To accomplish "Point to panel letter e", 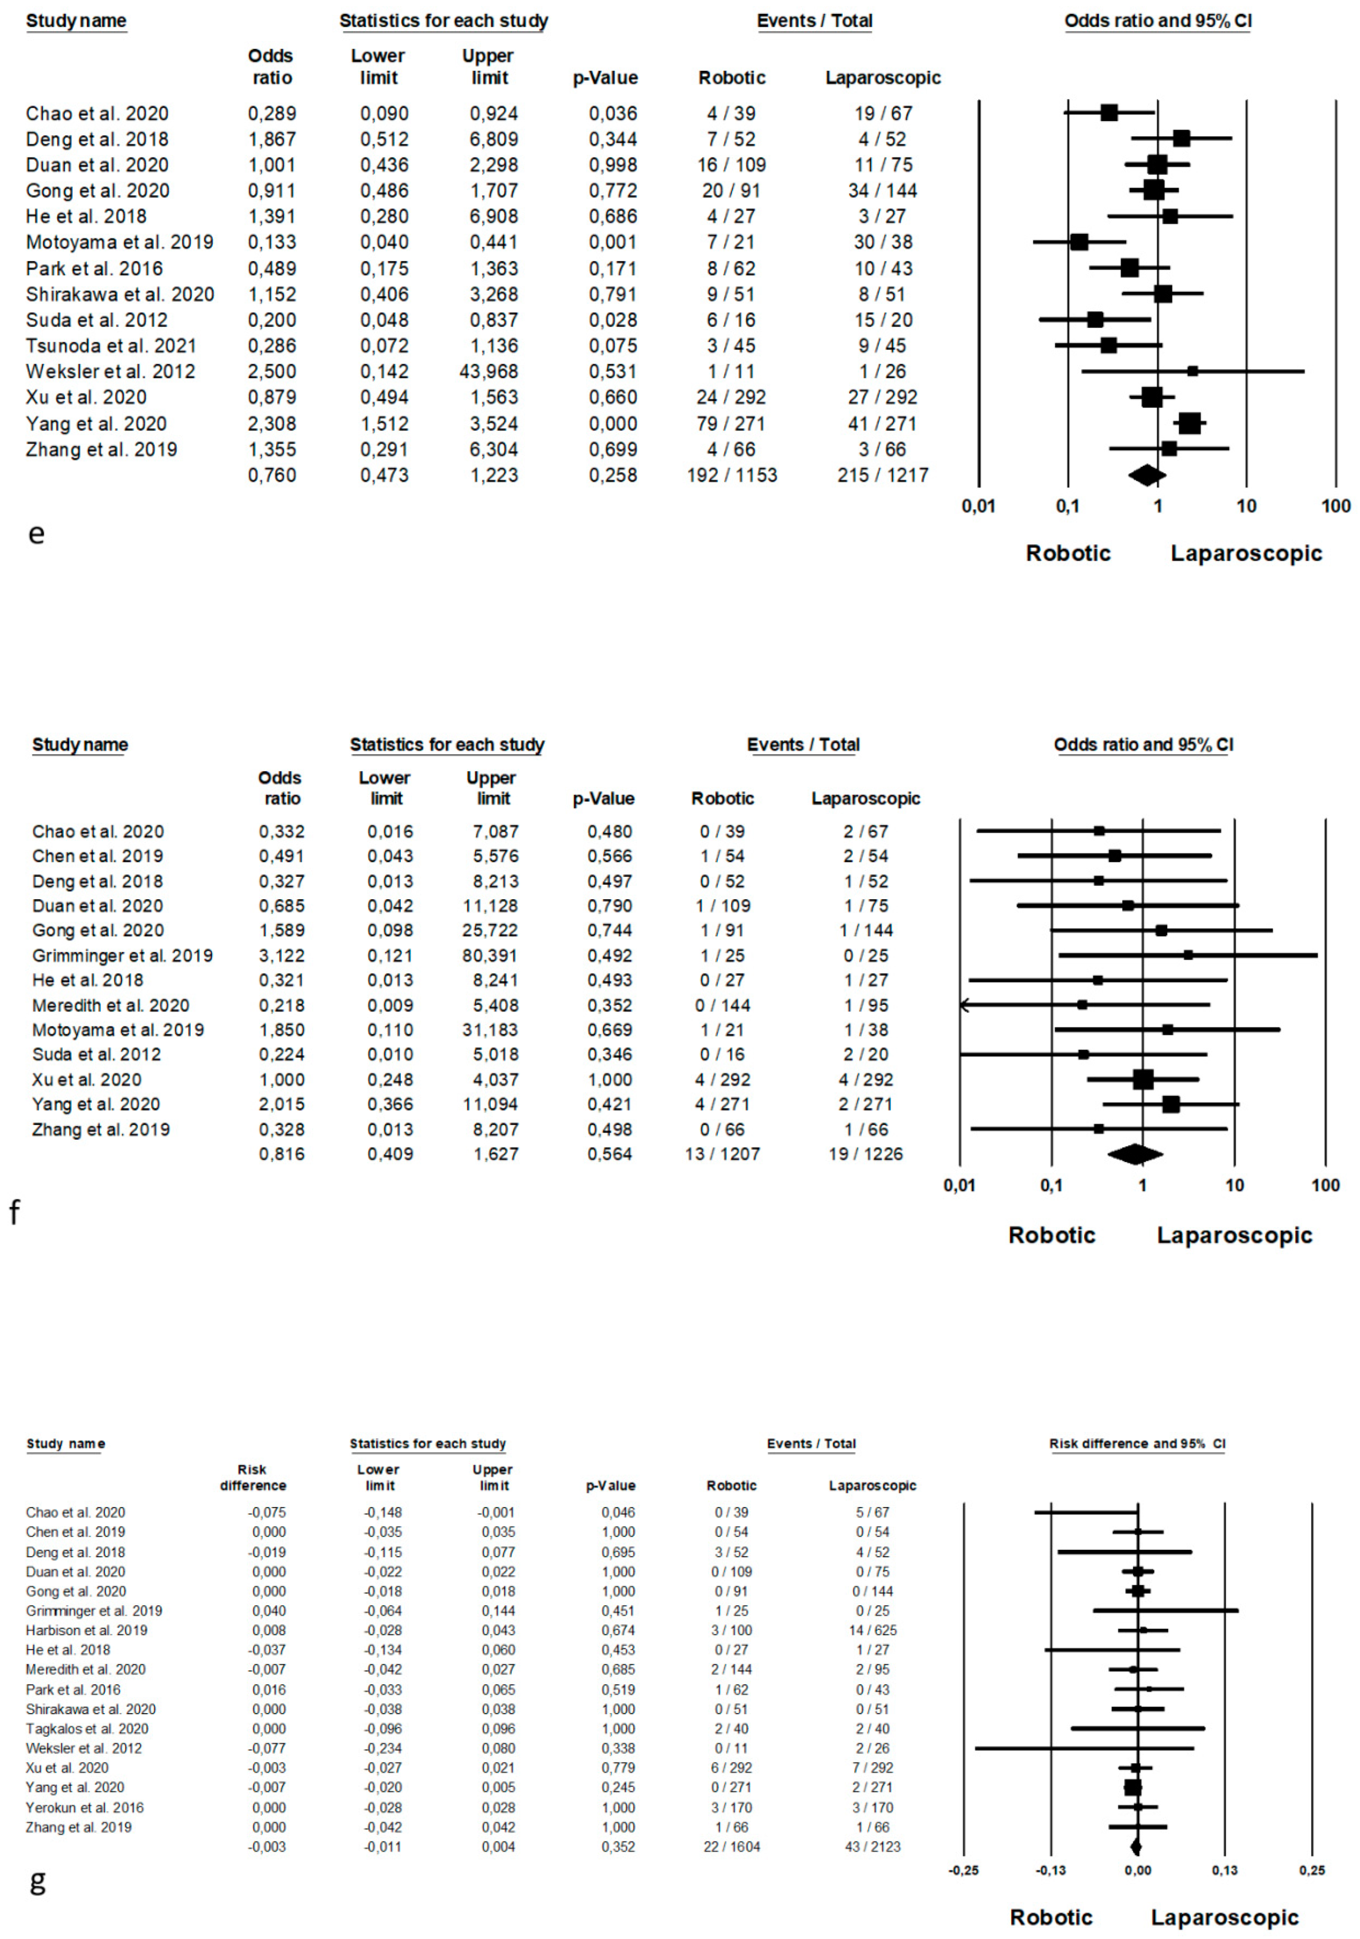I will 35,534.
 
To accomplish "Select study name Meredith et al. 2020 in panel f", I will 111,1005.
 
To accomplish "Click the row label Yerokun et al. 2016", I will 85,1807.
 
